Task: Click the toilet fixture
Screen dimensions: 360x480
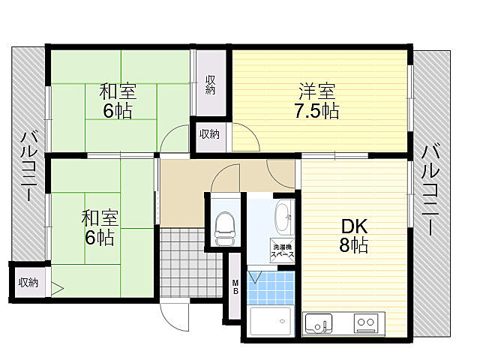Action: (x=224, y=226)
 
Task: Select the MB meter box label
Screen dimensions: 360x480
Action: (x=235, y=286)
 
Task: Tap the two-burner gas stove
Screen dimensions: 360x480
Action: (x=366, y=324)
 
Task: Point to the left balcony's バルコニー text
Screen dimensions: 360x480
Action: (x=28, y=166)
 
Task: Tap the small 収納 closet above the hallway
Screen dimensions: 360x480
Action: (x=209, y=135)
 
